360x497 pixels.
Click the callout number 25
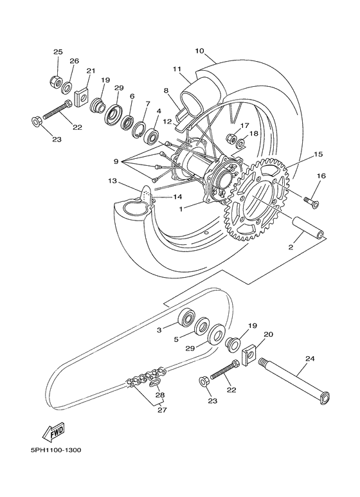pos(58,51)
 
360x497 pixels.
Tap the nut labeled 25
pos(56,82)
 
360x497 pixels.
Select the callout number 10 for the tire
pos(199,50)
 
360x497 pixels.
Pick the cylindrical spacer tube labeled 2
pos(307,228)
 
